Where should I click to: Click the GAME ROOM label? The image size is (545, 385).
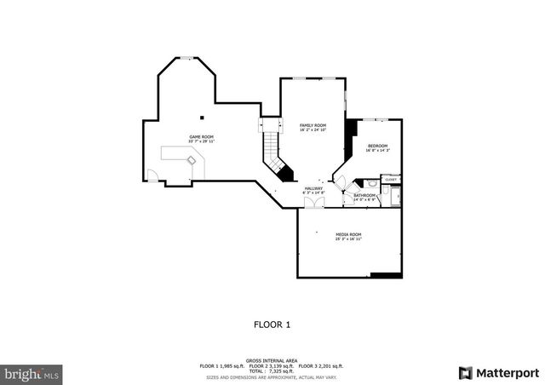pyautogui.click(x=201, y=136)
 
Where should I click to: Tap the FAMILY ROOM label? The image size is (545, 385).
pyautogui.click(x=313, y=125)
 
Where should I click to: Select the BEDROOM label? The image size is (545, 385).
pyautogui.click(x=377, y=146)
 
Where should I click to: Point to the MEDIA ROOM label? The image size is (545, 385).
pyautogui.click(x=348, y=234)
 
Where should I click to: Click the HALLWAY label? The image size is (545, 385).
pyautogui.click(x=313, y=188)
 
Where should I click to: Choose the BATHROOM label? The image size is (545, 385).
pyautogui.click(x=364, y=195)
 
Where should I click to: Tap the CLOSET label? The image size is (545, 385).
pyautogui.click(x=391, y=180)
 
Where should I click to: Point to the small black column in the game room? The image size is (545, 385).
pyautogui.click(x=202, y=118)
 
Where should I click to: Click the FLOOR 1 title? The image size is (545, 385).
pyautogui.click(x=272, y=325)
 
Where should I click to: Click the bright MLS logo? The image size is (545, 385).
pyautogui.click(x=32, y=373)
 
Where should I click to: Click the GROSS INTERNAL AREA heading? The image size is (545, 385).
pyautogui.click(x=272, y=360)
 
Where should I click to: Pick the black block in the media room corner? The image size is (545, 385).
pyautogui.click(x=386, y=274)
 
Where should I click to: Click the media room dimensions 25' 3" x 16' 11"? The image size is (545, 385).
pyautogui.click(x=348, y=239)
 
